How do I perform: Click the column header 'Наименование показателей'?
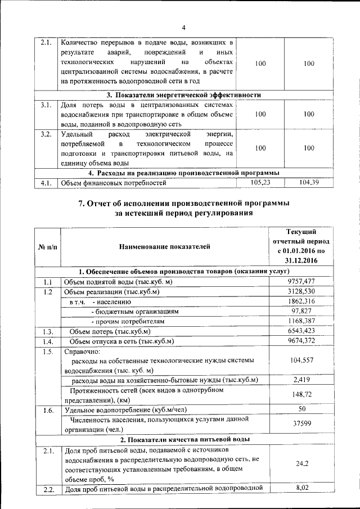pyautogui.click(x=164, y=246)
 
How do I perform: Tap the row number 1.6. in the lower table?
pyautogui.click(x=47, y=410)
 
